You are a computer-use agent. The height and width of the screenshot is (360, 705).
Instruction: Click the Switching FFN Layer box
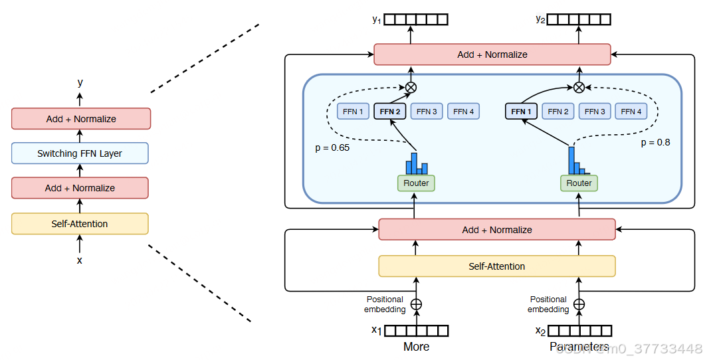tap(80, 153)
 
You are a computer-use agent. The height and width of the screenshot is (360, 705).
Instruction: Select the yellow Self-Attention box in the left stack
tap(80, 224)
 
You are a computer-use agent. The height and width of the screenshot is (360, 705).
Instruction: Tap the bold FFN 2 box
tap(390, 112)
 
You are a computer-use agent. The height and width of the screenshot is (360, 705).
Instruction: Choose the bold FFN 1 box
tap(521, 112)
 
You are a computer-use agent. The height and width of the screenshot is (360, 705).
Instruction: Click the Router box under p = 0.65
tap(416, 183)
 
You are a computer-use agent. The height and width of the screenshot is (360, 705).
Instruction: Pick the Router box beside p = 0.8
tap(579, 183)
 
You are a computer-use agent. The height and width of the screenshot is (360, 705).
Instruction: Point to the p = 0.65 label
tap(332, 147)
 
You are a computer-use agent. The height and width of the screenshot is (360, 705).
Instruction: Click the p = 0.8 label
tap(655, 142)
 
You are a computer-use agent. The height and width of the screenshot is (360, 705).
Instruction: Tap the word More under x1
tap(416, 347)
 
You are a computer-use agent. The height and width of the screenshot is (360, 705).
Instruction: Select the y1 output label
tap(377, 19)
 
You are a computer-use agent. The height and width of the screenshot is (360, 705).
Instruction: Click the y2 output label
tap(540, 19)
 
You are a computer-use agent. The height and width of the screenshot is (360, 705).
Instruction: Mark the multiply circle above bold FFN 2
tap(411, 87)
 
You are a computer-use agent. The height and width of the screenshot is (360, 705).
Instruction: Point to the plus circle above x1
tap(416, 304)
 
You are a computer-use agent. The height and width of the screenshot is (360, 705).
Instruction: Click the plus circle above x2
tap(579, 304)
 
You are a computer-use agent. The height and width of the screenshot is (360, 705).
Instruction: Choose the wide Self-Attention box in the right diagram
tap(497, 266)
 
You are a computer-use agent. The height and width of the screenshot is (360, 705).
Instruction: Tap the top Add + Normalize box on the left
tap(81, 119)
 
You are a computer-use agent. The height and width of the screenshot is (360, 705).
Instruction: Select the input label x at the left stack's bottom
tap(80, 260)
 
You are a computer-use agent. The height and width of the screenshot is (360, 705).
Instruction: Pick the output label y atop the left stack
tap(80, 83)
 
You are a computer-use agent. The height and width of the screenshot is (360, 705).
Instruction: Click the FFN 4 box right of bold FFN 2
tap(464, 112)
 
